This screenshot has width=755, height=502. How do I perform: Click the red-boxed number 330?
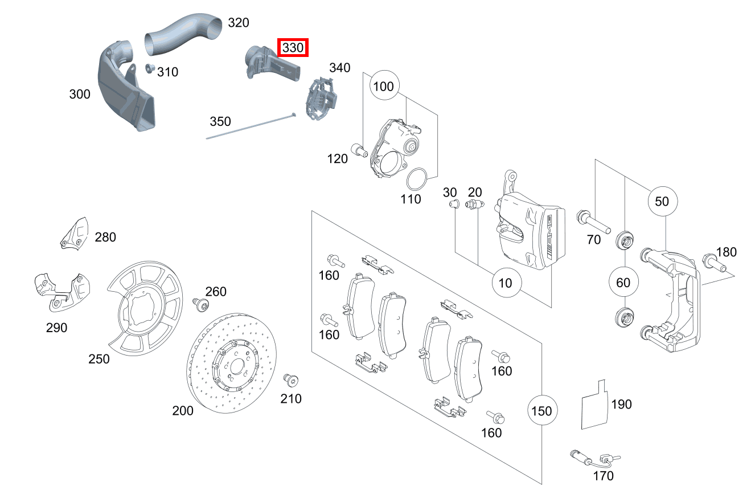coord(293,48)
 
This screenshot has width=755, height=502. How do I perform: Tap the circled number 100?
coord(385,87)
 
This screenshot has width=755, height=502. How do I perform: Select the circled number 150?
coord(541,410)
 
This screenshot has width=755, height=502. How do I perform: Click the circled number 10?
coord(506,282)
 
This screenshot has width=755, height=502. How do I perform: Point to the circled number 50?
coord(662,201)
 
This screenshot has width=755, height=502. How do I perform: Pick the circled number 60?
coord(623,282)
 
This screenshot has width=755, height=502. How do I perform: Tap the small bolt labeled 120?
coord(358,150)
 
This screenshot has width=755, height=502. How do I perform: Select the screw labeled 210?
coord(292,380)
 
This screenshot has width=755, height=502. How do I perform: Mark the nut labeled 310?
coord(150,69)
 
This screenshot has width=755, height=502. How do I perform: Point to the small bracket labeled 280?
coord(75,234)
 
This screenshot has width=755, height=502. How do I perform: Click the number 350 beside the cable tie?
coord(220,121)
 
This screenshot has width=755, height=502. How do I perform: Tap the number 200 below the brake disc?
coord(183,410)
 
